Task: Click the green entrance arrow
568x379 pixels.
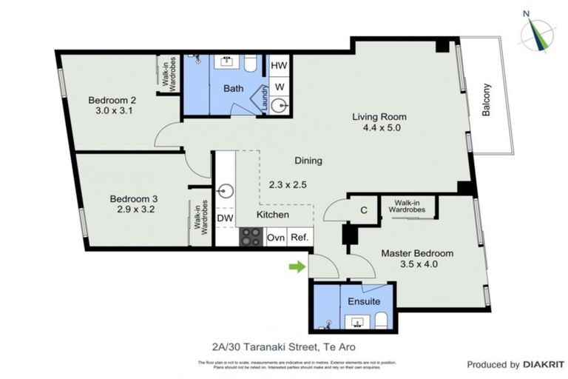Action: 296,266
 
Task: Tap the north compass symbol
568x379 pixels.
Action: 538,30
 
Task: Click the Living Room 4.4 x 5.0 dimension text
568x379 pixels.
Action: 379,128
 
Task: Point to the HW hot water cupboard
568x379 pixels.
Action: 279,66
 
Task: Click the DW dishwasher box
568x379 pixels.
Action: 225,219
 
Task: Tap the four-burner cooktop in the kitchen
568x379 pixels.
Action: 251,237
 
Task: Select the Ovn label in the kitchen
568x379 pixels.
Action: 276,238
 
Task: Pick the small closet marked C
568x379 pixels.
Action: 363,210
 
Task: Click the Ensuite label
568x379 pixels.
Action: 365,301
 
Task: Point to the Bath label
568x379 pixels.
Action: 234,89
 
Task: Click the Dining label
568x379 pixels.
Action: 308,160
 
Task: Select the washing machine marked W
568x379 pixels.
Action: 279,86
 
